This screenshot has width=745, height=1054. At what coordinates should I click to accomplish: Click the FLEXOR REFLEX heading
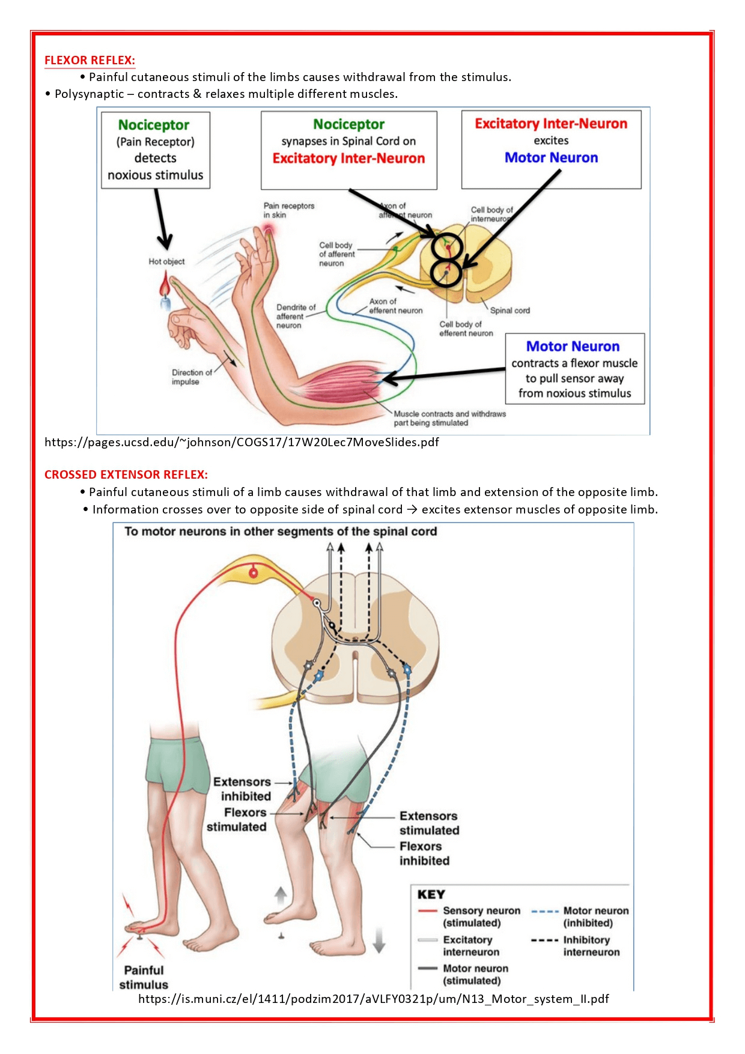[90, 60]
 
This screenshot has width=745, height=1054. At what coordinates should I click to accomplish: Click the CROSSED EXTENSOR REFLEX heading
[126, 474]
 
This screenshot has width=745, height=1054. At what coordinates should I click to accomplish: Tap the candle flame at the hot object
[165, 283]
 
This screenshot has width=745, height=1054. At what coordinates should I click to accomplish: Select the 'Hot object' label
[166, 261]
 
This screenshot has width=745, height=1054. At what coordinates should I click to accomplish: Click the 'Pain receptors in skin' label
[288, 210]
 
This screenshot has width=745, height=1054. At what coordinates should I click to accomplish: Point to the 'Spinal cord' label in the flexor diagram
[509, 310]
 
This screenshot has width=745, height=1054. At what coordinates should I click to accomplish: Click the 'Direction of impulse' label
[191, 377]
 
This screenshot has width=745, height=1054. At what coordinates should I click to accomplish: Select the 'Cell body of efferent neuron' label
[466, 329]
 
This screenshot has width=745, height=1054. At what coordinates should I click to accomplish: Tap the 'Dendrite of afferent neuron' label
[295, 316]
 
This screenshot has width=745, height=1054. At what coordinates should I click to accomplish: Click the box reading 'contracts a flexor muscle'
[574, 369]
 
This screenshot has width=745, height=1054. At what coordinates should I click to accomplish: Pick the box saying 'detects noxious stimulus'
[156, 150]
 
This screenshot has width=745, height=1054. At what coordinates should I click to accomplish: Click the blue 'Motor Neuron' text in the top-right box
[551, 158]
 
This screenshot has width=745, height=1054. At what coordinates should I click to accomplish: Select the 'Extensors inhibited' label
[242, 789]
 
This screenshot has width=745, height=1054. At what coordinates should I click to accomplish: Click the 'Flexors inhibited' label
[424, 853]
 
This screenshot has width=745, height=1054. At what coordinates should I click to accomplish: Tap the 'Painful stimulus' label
[144, 977]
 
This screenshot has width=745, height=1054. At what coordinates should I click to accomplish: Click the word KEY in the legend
[431, 894]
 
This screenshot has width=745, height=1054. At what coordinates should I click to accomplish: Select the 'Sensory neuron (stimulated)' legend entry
[481, 916]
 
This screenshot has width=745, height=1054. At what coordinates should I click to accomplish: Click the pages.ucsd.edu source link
[242, 443]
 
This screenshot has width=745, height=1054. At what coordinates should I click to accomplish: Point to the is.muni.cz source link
[373, 999]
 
